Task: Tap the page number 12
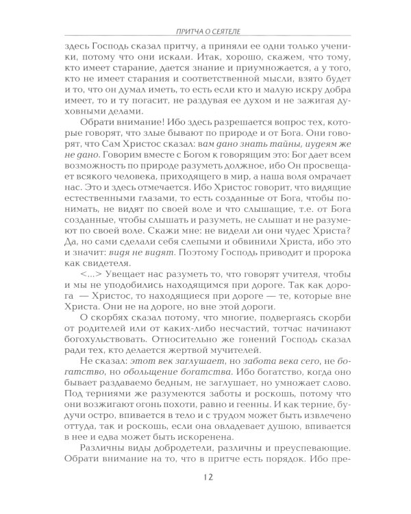pyautogui.click(x=206, y=489)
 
